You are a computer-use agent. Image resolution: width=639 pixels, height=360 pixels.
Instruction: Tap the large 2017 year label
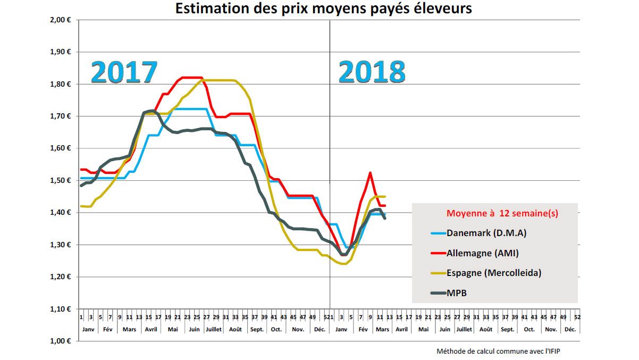[x=124, y=73]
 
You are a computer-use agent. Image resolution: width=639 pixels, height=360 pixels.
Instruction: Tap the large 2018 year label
[x=372, y=72]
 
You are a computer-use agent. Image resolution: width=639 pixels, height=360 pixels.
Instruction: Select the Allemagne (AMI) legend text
[x=482, y=253]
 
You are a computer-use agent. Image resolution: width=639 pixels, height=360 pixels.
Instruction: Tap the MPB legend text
[x=457, y=292]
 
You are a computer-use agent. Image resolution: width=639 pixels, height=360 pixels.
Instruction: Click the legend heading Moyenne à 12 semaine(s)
[x=502, y=213]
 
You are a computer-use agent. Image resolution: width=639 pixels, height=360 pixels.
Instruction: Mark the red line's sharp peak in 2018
[x=370, y=172]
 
